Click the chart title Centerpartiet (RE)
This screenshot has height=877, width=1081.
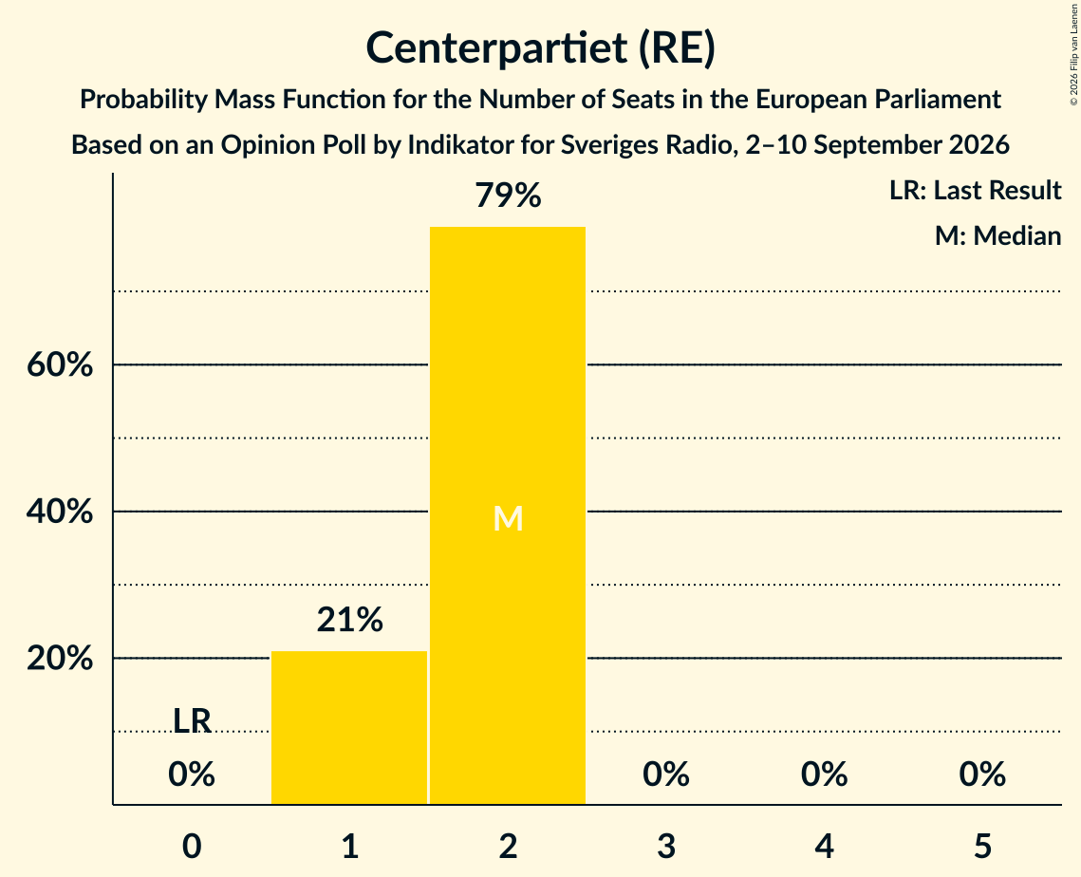click(x=541, y=48)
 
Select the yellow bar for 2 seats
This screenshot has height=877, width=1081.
click(x=508, y=515)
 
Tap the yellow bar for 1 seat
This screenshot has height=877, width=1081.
click(x=349, y=727)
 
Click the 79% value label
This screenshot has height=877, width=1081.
click(x=508, y=196)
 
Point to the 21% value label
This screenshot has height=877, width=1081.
click(x=349, y=619)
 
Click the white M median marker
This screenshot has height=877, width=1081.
click(x=508, y=518)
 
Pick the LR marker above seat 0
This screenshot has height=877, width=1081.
click(x=192, y=721)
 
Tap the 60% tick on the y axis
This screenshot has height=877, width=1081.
click(x=60, y=364)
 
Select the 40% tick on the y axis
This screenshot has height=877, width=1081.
click(x=60, y=511)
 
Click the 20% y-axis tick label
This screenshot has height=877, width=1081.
click(x=60, y=658)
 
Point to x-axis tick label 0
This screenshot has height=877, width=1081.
click(x=192, y=846)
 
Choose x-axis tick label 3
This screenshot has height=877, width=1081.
click(x=666, y=846)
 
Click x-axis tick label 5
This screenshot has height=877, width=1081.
click(x=982, y=846)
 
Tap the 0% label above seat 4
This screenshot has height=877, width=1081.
click(x=825, y=774)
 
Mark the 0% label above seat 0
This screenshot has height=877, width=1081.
click(x=192, y=774)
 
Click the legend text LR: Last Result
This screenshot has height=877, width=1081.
click(x=975, y=190)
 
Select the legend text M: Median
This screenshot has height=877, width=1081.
click(x=997, y=235)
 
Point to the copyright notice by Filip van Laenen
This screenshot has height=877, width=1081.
click(x=1073, y=55)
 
